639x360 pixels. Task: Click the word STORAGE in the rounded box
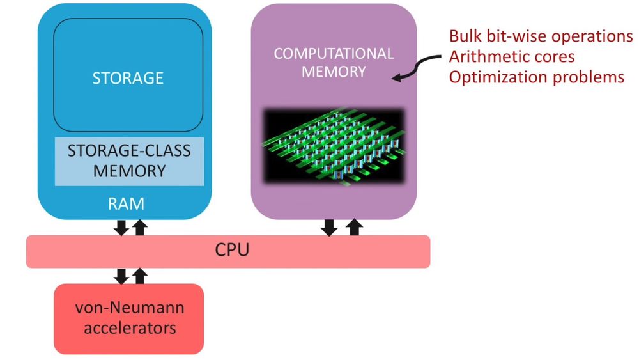click(128, 78)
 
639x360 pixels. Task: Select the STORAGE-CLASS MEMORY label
click(129, 161)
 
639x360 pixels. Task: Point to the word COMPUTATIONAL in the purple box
click(334, 54)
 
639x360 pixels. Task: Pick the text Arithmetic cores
click(511, 56)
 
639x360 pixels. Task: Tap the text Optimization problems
click(536, 77)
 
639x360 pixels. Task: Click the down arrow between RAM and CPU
click(120, 226)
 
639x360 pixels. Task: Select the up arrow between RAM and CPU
click(139, 226)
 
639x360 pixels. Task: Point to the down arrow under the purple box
click(330, 226)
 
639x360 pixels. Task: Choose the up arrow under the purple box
click(353, 226)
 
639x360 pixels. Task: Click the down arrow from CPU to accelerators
click(120, 276)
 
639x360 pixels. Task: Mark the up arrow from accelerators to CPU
click(139, 276)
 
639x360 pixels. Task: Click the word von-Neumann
click(130, 308)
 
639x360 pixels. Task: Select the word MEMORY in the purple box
click(334, 71)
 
